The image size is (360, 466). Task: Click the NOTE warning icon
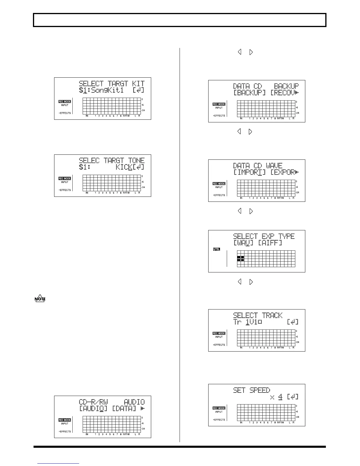40,299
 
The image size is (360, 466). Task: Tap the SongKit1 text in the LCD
107,90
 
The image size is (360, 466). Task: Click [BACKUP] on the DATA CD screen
249,93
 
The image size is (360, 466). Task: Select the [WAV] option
243,243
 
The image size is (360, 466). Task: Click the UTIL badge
216,249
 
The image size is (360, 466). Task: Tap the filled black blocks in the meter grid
241,259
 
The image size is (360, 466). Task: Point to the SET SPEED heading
251,390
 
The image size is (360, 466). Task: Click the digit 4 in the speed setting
280,397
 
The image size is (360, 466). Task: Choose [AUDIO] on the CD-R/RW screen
94,409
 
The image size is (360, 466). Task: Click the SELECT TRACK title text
258,315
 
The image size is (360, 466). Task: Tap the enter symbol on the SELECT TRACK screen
293,322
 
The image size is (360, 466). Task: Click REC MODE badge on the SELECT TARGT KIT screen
65,101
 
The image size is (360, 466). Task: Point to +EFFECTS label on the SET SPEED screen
219,420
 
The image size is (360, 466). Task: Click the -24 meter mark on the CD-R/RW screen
143,429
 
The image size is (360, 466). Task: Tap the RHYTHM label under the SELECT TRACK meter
281,348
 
